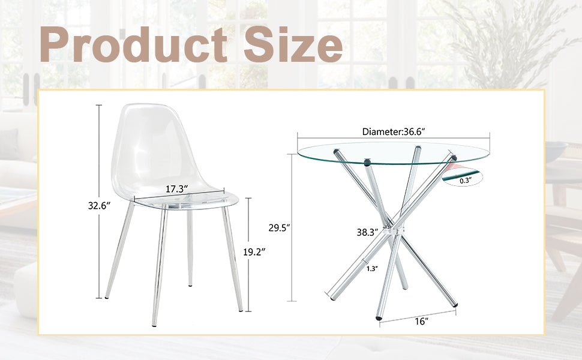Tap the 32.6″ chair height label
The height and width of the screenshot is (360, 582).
click(97, 206)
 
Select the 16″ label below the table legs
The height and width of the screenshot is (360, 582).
click(422, 322)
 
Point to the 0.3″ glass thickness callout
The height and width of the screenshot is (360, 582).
click(466, 179)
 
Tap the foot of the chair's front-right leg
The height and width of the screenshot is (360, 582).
click(241, 309)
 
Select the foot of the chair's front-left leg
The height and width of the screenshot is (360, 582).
click(154, 324)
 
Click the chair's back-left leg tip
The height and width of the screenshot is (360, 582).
click(107, 296)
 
